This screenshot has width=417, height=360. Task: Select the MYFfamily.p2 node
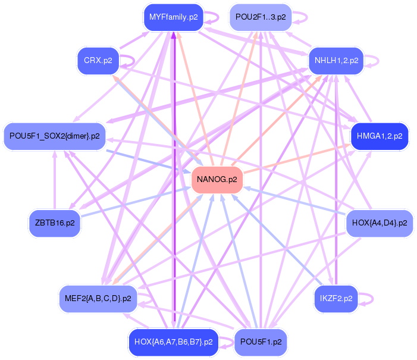173,17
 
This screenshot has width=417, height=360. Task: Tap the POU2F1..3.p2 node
261,17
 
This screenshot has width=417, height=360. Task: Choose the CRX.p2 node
98,61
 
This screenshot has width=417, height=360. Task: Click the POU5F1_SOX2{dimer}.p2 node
54,136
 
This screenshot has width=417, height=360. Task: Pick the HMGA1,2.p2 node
380,136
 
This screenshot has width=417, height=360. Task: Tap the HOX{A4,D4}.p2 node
380,223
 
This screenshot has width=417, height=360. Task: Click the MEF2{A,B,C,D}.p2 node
98,298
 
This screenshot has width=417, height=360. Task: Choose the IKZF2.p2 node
336,298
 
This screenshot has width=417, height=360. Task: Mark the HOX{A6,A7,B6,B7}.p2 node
173,342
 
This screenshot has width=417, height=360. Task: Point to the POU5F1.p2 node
261,342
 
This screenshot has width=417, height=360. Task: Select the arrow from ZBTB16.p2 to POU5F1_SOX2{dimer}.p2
54,179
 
